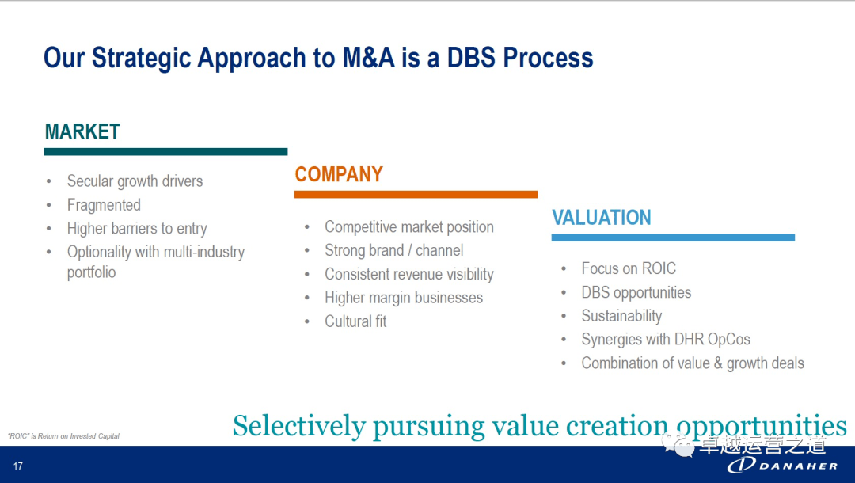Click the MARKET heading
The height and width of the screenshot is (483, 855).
tap(82, 131)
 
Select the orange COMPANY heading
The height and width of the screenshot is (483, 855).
tap(339, 174)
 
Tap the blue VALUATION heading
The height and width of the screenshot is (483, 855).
tap(602, 218)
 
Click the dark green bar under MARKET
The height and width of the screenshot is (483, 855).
tap(165, 151)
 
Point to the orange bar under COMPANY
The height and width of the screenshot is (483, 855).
tap(416, 194)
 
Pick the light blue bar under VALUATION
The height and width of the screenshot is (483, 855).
tap(673, 238)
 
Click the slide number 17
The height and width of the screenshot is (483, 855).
tap(18, 466)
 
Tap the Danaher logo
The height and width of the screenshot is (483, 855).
tap(782, 465)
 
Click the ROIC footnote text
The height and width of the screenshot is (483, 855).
tap(64, 436)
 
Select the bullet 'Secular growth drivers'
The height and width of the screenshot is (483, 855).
tap(135, 181)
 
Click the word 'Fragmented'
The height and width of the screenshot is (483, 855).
tap(104, 205)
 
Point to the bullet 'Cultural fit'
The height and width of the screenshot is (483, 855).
tap(355, 321)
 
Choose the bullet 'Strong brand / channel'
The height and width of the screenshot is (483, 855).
tap(393, 250)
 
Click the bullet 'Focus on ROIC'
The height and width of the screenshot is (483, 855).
tap(629, 268)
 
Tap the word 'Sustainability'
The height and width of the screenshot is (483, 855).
tap(621, 316)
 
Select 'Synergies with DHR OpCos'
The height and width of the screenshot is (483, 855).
tap(666, 339)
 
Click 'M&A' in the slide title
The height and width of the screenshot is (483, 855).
tap(368, 58)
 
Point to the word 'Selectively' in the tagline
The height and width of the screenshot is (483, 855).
tap(298, 426)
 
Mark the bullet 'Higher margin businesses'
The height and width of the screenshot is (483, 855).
tap(404, 298)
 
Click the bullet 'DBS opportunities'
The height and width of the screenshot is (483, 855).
tap(636, 292)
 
